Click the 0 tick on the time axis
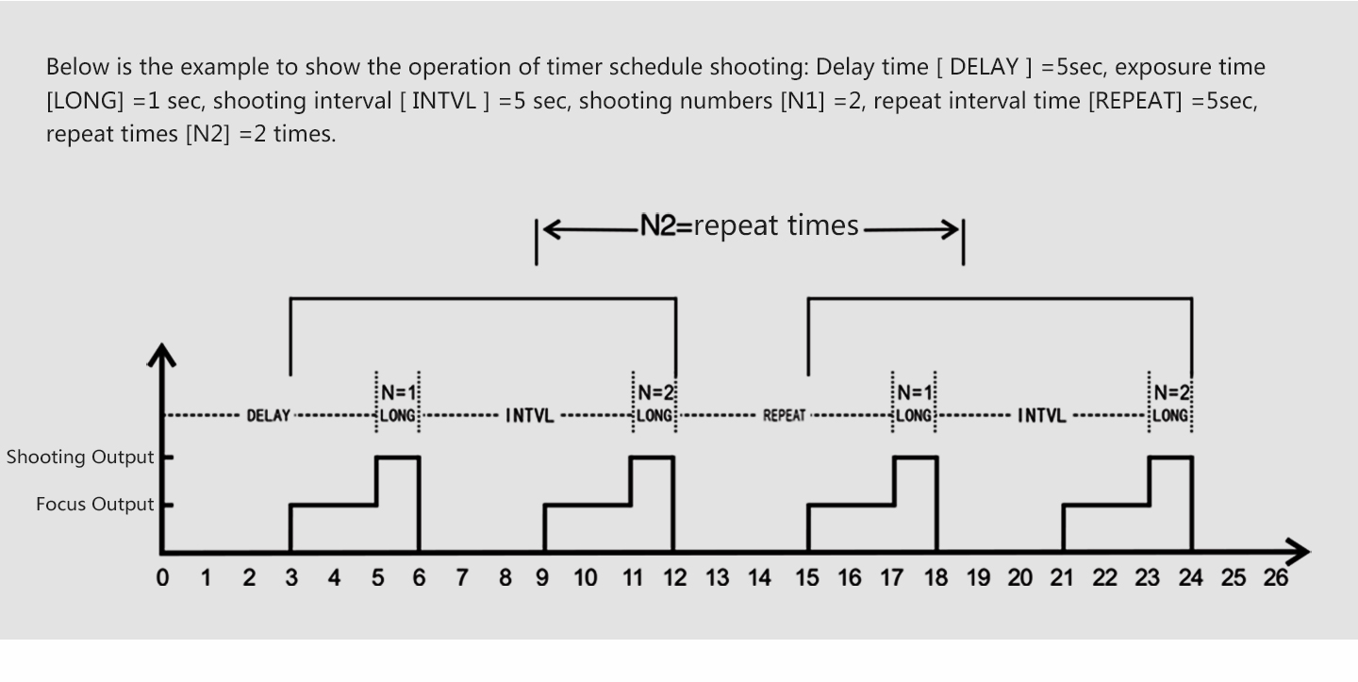(162, 577)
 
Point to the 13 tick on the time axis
(717, 577)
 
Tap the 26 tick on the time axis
(1276, 577)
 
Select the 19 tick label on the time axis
(978, 577)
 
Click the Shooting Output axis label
(80, 457)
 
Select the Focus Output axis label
(95, 504)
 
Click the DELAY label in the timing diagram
(268, 416)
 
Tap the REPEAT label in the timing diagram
(784, 416)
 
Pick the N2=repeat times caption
(750, 225)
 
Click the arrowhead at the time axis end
(1298, 552)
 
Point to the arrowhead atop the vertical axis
(162, 355)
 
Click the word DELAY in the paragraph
(984, 67)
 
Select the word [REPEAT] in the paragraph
(1135, 101)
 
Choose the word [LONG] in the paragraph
(85, 101)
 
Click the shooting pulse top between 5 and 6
(398, 457)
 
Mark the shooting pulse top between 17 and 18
(916, 457)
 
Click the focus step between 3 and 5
(334, 505)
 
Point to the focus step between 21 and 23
(1106, 505)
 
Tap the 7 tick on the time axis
(462, 577)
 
